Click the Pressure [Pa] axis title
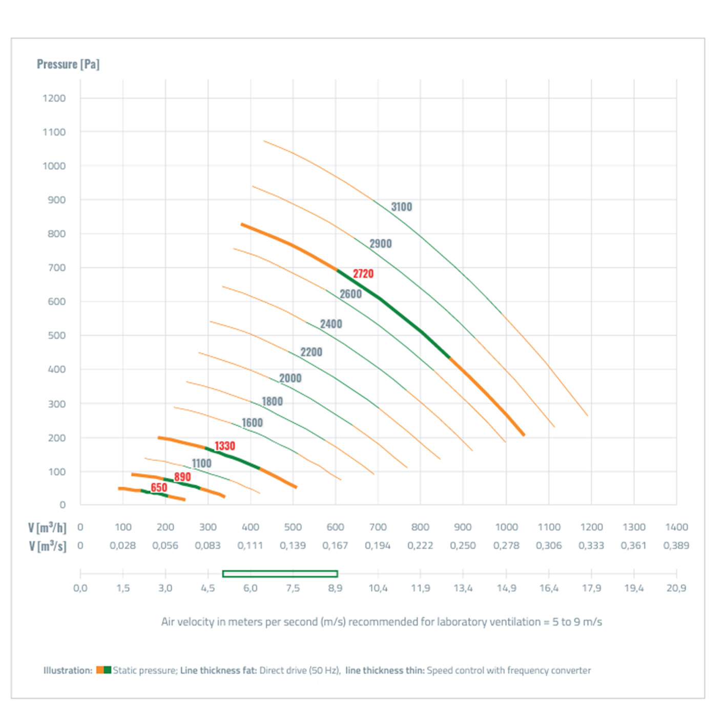point(68,64)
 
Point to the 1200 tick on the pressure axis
point(54,98)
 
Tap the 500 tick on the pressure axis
point(56,335)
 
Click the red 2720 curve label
point(363,274)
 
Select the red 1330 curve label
point(224,446)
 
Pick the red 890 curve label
point(182,477)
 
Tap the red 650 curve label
point(159,487)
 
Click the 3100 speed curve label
point(401,206)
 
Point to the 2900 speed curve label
point(381,243)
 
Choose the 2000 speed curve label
point(290,378)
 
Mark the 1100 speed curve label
point(201,463)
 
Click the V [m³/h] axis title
point(47,527)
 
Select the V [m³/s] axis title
point(47,546)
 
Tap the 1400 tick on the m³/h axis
point(676,527)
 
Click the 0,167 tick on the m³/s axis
point(335,546)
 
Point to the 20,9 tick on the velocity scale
point(676,588)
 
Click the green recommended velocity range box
point(280,574)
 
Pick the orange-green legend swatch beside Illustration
point(103,670)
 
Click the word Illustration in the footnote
point(68,670)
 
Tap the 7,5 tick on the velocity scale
point(293,588)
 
